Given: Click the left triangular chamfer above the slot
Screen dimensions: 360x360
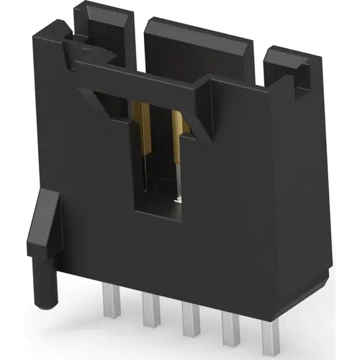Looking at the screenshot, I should point(108,101).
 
